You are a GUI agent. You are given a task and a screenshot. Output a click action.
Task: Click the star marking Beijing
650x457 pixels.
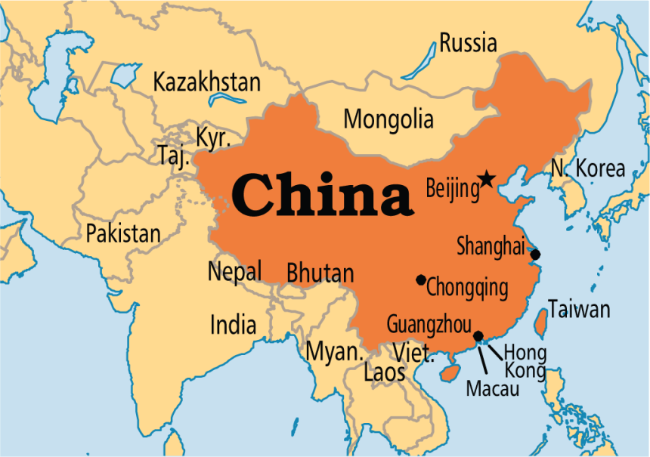(487, 180)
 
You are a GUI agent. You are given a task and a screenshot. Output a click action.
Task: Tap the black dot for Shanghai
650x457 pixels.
(535, 255)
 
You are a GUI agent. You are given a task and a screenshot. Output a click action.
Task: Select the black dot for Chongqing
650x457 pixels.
(421, 279)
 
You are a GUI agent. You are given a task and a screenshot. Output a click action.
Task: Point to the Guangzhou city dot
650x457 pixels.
(478, 336)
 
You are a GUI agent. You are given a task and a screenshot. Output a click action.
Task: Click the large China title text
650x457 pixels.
(323, 195)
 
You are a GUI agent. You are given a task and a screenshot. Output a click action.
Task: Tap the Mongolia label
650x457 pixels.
(388, 119)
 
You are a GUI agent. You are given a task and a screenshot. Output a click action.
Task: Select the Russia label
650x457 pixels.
(469, 43)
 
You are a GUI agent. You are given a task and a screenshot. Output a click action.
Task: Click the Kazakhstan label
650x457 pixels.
(206, 82)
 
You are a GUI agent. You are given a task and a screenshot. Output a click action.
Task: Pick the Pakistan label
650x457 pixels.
(123, 233)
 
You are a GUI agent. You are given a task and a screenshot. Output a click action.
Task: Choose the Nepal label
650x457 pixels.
(235, 271)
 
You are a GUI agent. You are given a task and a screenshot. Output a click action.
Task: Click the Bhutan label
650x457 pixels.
(320, 273)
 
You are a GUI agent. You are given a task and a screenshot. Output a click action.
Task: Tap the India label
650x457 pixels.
(233, 325)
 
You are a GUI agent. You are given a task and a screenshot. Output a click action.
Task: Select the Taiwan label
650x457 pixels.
(580, 309)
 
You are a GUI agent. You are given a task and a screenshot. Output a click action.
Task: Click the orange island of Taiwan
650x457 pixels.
(541, 323)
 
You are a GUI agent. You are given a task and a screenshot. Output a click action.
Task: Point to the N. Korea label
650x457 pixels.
(588, 168)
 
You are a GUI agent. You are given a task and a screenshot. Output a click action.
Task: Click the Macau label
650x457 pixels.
(493, 389)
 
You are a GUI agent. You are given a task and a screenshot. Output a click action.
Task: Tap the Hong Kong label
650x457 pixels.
(525, 361)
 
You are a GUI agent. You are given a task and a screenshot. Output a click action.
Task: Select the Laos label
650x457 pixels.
(385, 372)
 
